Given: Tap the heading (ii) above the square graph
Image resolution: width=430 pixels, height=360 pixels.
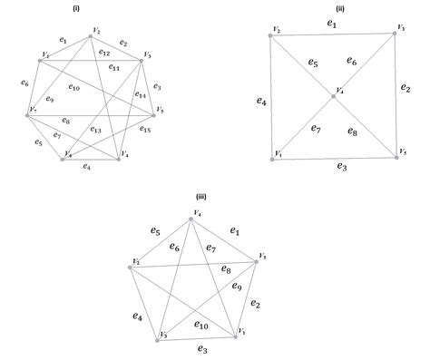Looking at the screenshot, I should click(337, 7).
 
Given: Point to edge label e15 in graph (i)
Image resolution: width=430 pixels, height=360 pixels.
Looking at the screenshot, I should click(146, 130).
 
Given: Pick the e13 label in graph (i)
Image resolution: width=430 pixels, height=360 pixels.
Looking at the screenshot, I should click(95, 130).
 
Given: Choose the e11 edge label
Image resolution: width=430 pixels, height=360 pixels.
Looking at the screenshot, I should click(114, 67).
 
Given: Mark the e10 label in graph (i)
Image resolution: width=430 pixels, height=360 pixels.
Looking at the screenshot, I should click(73, 88).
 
